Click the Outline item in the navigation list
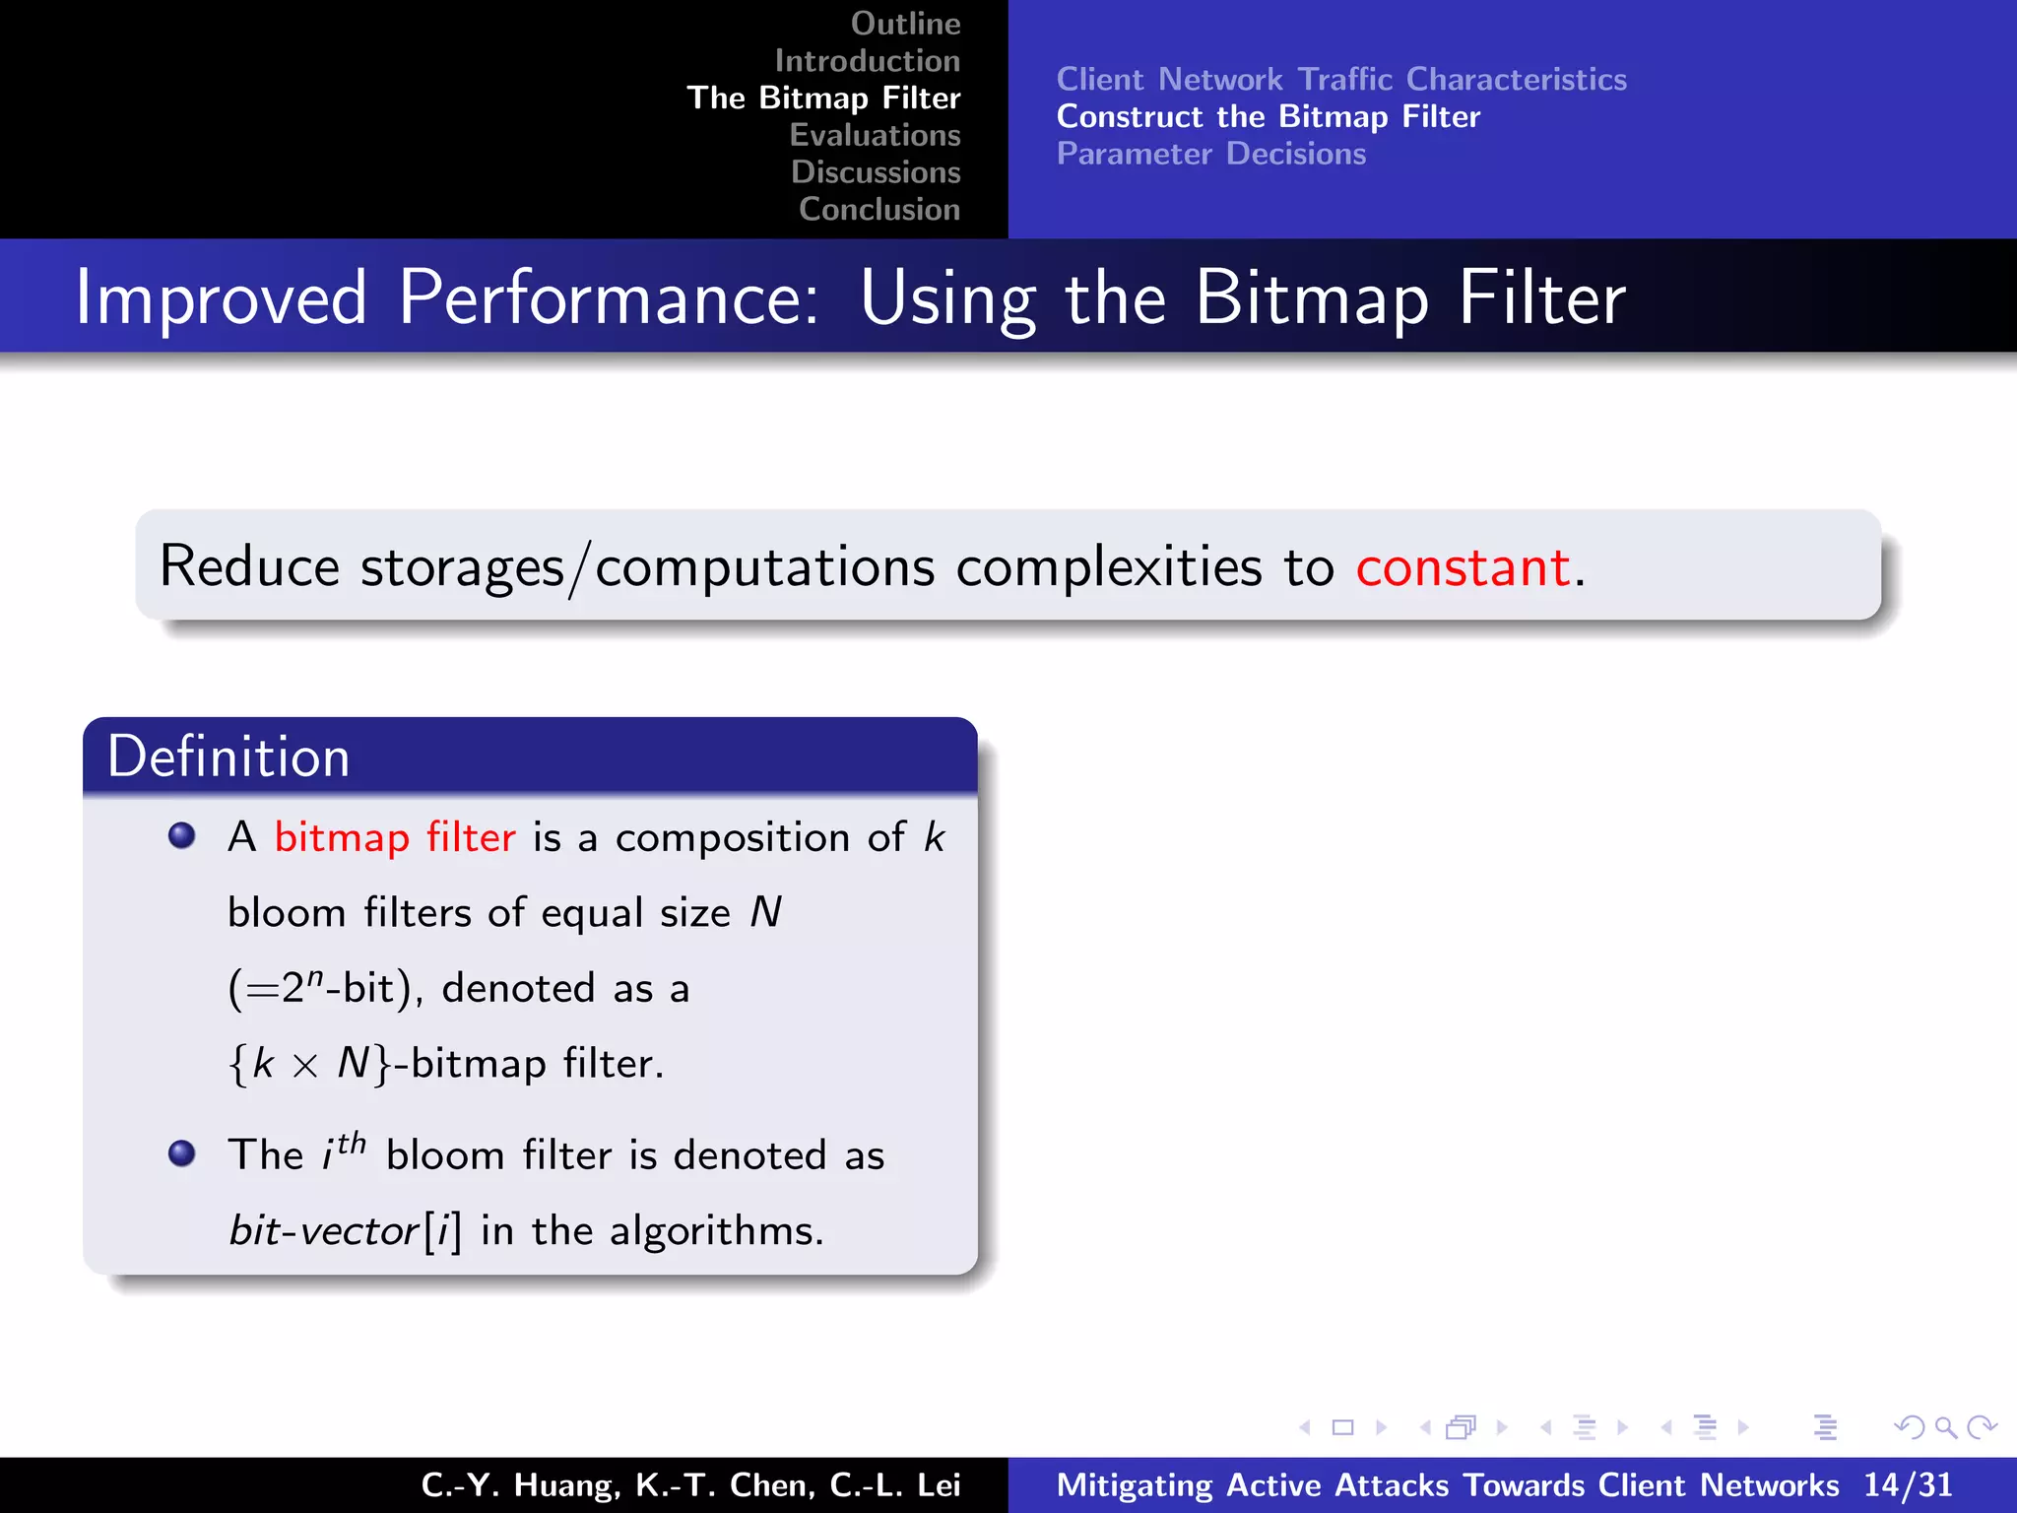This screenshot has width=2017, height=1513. coord(905,24)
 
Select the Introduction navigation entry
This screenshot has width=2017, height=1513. coord(867,61)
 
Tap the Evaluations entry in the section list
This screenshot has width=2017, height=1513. coord(875,135)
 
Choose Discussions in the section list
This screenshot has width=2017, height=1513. coord(876,172)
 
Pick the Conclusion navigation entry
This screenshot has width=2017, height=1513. coord(879,210)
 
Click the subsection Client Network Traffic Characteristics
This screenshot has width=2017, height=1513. coord(1341,80)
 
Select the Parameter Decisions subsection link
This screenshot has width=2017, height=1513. coord(1211,155)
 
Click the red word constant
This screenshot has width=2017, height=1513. coord(1463,567)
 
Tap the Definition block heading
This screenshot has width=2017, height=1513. coord(228,756)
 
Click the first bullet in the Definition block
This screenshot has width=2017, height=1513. coord(182,836)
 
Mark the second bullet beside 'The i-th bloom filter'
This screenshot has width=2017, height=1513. coord(182,1152)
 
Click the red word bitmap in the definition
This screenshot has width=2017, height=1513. coord(341,838)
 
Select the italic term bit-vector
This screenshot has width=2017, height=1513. coord(324,1231)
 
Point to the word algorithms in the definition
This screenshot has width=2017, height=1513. coord(715,1231)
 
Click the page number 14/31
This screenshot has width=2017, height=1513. coord(1907,1485)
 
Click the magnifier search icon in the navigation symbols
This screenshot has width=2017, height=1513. coord(1945,1426)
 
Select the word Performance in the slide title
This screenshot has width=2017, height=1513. coord(608,297)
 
